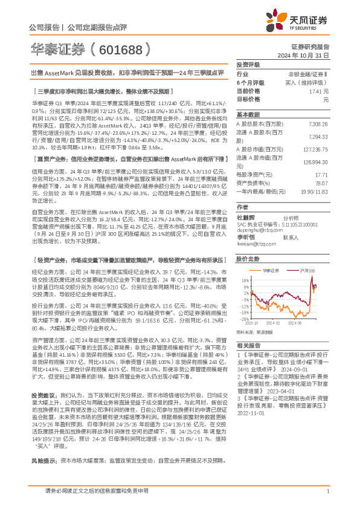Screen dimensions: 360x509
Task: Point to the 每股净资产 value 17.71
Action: click(x=321, y=173)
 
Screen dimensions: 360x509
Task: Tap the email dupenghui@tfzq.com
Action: click(x=255, y=230)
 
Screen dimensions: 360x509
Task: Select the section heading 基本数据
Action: click(x=247, y=114)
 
